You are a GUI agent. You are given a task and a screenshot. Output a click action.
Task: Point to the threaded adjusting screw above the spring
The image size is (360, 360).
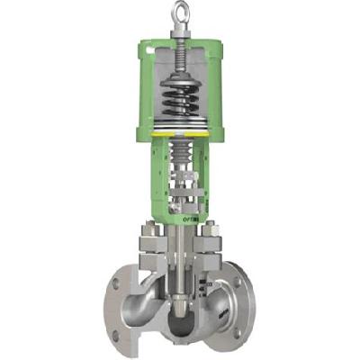pyautogui.click(x=186, y=56)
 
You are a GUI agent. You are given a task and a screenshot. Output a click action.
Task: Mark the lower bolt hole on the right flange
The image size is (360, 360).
pyautogui.click(x=237, y=331)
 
